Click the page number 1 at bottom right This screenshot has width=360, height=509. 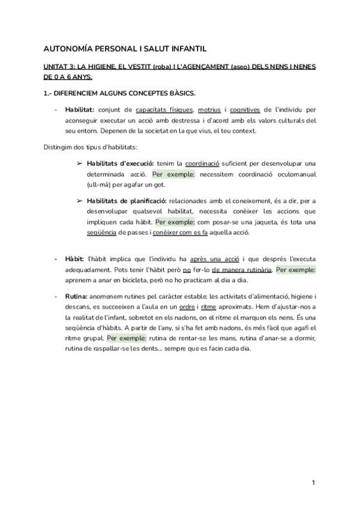pyautogui.click(x=313, y=483)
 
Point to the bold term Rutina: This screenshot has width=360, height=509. pyautogui.click(x=76, y=297)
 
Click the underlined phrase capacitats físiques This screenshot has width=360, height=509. pyautogui.click(x=164, y=110)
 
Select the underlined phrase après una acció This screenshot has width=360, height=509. pyautogui.click(x=215, y=259)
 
